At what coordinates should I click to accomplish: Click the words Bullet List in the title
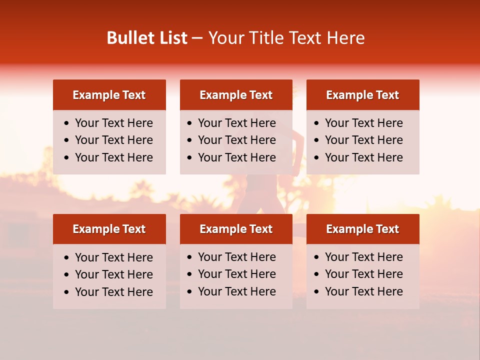coord(147,38)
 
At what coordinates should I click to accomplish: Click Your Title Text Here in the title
coord(286,38)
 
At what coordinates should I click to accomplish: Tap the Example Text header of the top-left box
coord(109,95)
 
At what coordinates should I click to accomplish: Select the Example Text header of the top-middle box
coord(236,95)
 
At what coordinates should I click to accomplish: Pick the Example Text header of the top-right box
coord(362,95)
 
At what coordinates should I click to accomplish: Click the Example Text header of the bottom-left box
coord(109,229)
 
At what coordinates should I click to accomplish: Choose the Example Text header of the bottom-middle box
coord(236,229)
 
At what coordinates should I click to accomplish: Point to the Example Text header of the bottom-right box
coord(362,229)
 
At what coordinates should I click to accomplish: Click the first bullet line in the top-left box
coord(114,123)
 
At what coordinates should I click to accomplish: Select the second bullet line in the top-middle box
coord(237,140)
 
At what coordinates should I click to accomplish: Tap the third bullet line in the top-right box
coord(364,157)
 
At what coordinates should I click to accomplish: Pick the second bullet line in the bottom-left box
coord(114,274)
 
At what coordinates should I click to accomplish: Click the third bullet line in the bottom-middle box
coord(237,291)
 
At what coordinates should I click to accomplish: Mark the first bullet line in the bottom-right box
coord(364,257)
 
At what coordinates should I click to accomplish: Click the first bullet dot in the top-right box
coord(317,123)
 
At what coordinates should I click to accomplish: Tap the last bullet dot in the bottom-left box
coord(67,292)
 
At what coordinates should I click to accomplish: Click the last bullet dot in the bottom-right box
coord(317,292)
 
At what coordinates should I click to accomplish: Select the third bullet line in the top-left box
coord(114,157)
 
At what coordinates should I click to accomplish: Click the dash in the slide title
coord(197,38)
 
